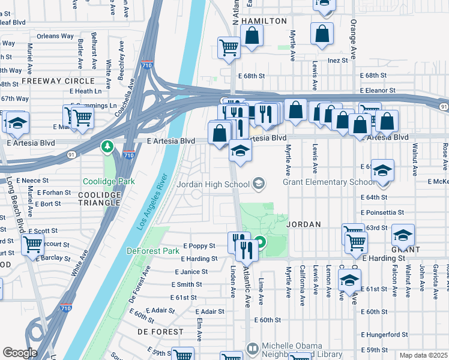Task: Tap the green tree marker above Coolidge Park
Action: coord(107,146)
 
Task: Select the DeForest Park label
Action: coord(153,250)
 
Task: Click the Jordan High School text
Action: coord(213,184)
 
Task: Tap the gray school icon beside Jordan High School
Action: coord(259,184)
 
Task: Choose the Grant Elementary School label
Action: coord(312,182)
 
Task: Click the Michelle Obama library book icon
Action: coord(253,349)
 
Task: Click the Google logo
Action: coord(20,353)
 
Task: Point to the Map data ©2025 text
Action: coord(423,355)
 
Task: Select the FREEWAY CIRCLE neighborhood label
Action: coord(58,80)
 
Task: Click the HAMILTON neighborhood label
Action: coord(264,21)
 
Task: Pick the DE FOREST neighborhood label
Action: coord(160,331)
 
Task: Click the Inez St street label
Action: coord(337,60)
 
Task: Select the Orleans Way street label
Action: coord(55,36)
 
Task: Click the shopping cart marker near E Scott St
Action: coord(32,244)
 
